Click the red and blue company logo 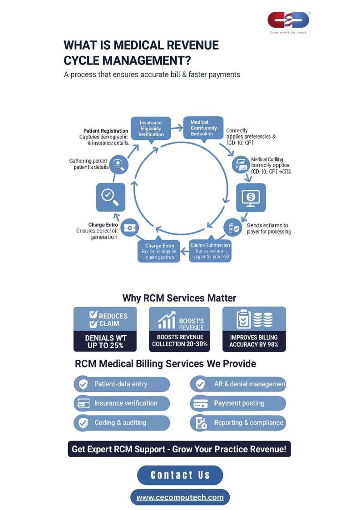pyautogui.click(x=288, y=20)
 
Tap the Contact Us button pyautogui.click(x=180, y=475)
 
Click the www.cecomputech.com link pyautogui.click(x=180, y=497)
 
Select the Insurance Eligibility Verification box pyautogui.click(x=151, y=129)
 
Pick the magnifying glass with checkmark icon pyautogui.click(x=110, y=197)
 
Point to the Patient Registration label pyautogui.click(x=106, y=131)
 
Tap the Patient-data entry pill pyautogui.click(x=121, y=384)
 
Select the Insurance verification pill pyautogui.click(x=121, y=403)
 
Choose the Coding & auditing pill pyautogui.click(x=121, y=423)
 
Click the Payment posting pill pyautogui.click(x=238, y=403)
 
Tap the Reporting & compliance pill pyautogui.click(x=238, y=423)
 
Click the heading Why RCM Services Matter pyautogui.click(x=179, y=298)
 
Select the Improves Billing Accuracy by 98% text pyautogui.click(x=254, y=341)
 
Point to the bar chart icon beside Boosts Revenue pyautogui.click(x=168, y=321)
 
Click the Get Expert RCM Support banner pyautogui.click(x=179, y=449)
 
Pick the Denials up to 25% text pyautogui.click(x=105, y=341)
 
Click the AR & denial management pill pyautogui.click(x=238, y=384)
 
